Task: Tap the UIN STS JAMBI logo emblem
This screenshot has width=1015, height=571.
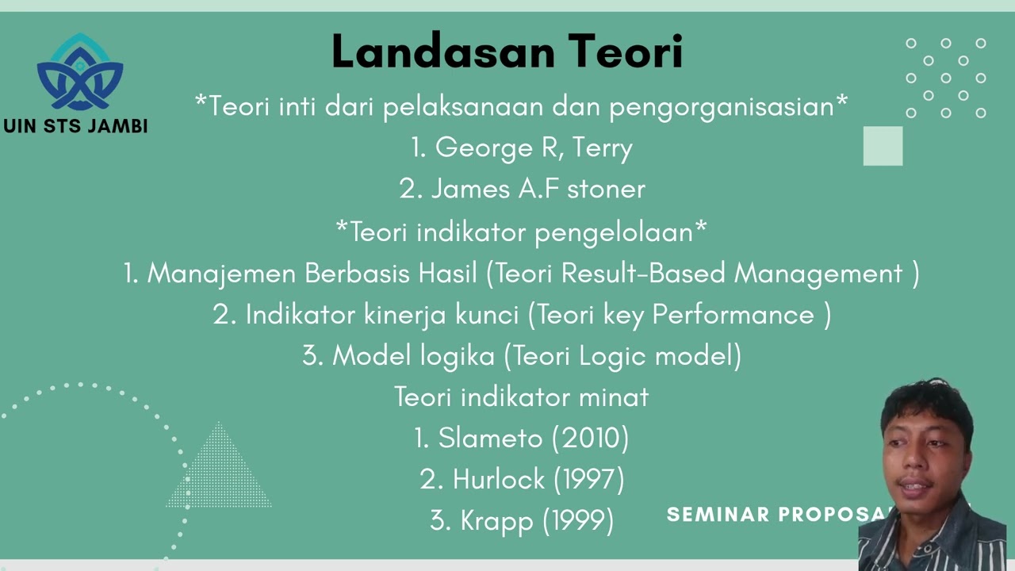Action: pyautogui.click(x=79, y=73)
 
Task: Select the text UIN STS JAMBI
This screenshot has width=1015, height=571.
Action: pyautogui.click(x=75, y=126)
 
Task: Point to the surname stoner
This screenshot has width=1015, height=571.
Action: pyautogui.click(x=606, y=190)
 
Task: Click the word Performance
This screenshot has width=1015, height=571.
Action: pyautogui.click(x=733, y=315)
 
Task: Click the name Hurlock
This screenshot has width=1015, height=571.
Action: pyautogui.click(x=499, y=479)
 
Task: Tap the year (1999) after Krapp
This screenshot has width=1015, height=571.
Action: pyautogui.click(x=578, y=520)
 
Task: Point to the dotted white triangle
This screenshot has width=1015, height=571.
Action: pyautogui.click(x=218, y=472)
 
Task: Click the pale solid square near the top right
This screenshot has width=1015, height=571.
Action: pyautogui.click(x=883, y=146)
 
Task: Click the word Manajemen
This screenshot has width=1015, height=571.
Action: pyautogui.click(x=222, y=274)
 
